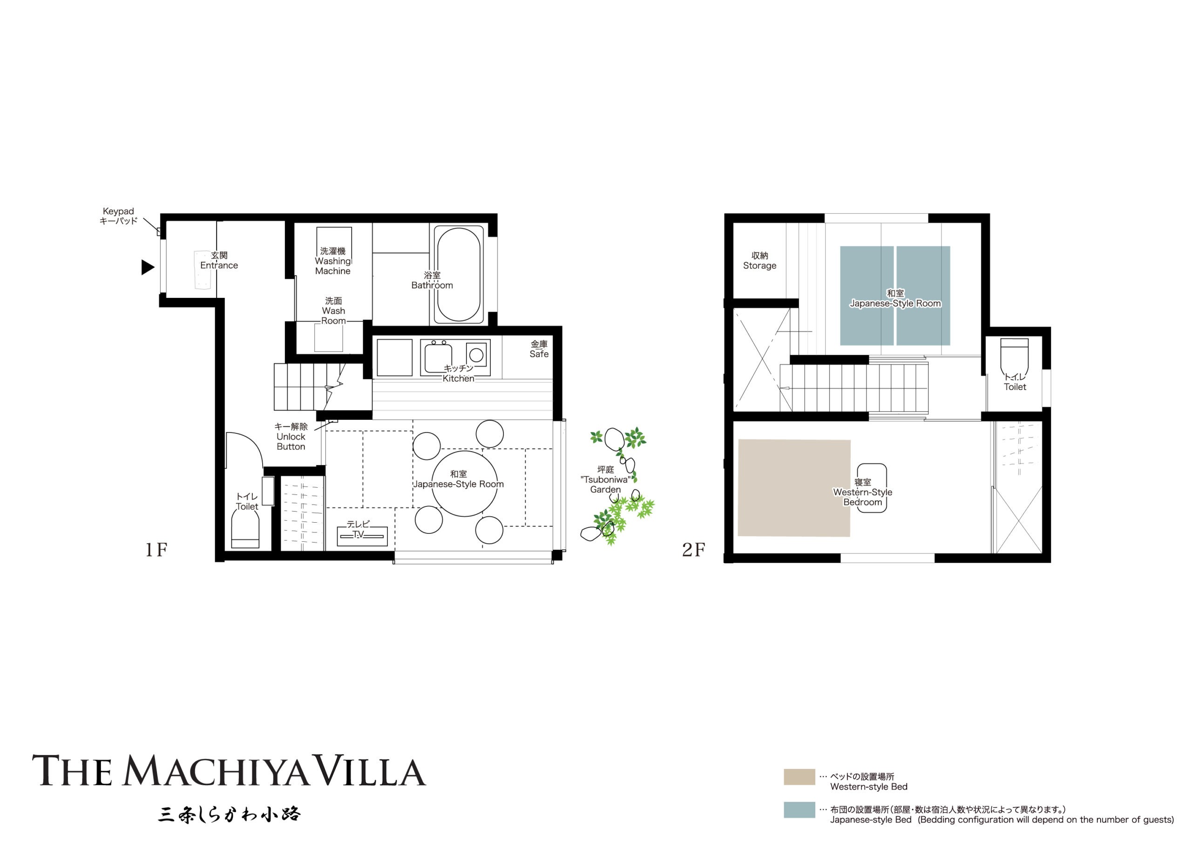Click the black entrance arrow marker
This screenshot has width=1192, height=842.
pos(148,267)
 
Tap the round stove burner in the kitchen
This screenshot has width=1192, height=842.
pos(476,355)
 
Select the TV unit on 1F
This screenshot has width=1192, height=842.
pos(362,536)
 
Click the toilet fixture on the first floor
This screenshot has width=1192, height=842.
pos(245,530)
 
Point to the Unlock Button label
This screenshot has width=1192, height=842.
pos(291,437)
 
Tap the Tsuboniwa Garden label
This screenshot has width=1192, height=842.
pos(605,480)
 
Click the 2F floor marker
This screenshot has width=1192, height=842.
pos(693,550)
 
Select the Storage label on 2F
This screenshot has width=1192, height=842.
pos(759,261)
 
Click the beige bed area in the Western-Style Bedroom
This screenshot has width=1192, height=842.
pos(794,488)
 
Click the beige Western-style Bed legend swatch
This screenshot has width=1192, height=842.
pos(799,776)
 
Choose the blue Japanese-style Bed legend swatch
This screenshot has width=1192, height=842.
pos(799,810)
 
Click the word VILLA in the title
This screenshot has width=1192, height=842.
pos(371,771)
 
